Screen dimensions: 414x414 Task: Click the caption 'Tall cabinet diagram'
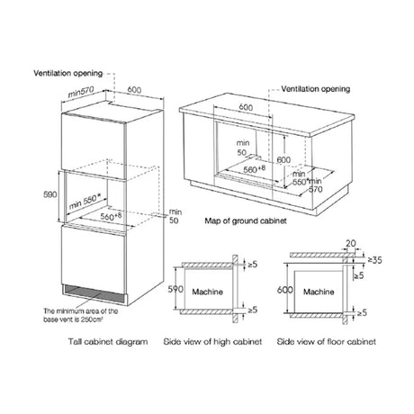click(108, 342)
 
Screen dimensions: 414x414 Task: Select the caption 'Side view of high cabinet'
click(212, 342)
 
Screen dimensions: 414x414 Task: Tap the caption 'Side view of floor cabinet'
click(327, 342)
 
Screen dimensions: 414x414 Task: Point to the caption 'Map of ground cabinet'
click(246, 221)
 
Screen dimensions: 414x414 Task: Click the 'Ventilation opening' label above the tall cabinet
click(68, 73)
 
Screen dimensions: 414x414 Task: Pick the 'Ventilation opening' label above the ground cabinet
click(316, 89)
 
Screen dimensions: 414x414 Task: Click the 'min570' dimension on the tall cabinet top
click(81, 92)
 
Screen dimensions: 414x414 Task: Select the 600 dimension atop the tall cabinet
click(134, 90)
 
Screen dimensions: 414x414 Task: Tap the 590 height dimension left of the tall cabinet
click(50, 194)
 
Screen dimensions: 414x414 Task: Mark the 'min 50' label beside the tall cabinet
click(175, 216)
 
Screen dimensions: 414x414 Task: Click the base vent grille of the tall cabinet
click(93, 294)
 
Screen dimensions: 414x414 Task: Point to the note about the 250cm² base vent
click(81, 315)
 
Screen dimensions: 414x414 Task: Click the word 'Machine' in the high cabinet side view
click(208, 292)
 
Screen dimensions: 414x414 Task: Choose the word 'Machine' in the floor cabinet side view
click(319, 292)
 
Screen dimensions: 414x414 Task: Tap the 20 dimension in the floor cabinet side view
click(351, 244)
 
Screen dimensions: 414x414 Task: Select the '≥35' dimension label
click(375, 260)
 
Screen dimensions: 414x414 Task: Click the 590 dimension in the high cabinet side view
click(175, 289)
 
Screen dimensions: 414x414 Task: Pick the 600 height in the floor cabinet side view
click(285, 290)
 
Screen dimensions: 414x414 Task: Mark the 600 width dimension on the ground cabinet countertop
click(246, 107)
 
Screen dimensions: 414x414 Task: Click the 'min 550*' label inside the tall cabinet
click(85, 202)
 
